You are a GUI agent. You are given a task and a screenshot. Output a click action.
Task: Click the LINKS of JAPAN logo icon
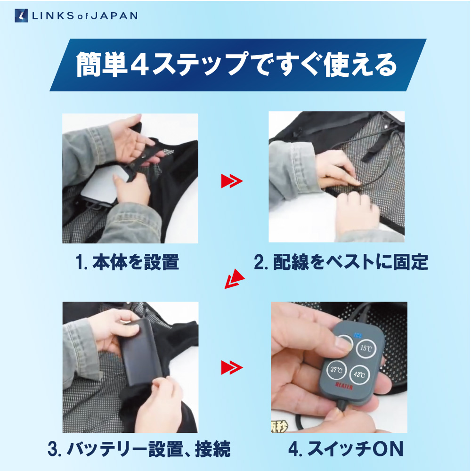click(22, 15)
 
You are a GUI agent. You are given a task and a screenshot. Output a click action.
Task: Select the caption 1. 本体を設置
click(127, 262)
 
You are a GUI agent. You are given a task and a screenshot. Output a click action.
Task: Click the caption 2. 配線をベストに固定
click(341, 262)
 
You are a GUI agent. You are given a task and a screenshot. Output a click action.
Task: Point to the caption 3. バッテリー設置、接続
click(139, 449)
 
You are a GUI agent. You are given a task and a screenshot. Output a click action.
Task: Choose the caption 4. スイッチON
click(346, 449)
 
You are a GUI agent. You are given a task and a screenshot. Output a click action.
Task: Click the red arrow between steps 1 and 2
click(231, 181)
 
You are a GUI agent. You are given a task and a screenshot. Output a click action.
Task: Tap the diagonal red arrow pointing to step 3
click(234, 280)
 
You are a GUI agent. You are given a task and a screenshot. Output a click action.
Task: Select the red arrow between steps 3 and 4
click(231, 366)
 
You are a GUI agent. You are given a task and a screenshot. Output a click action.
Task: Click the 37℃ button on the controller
click(336, 370)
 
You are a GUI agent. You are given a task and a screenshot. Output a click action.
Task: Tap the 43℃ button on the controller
click(359, 374)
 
